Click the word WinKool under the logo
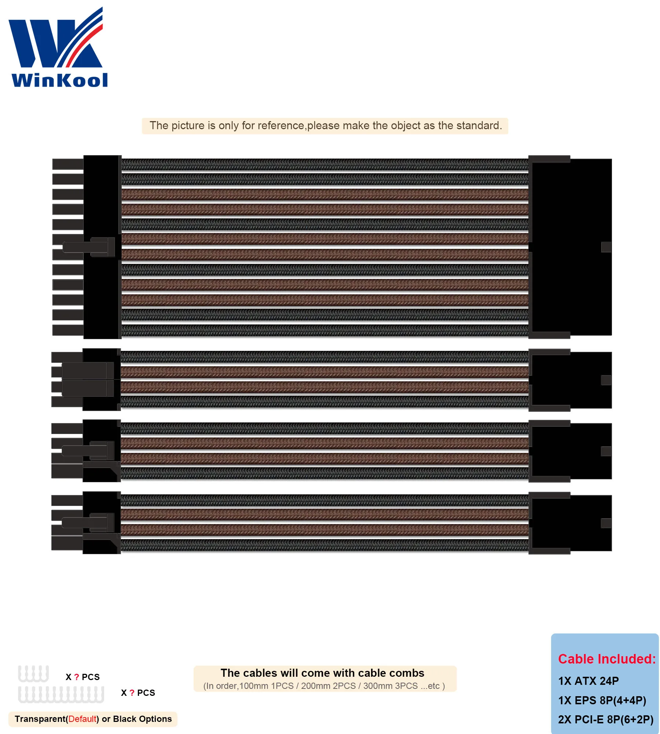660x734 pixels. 60,80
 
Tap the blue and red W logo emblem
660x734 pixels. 56,40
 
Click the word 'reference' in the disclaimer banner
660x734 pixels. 281,126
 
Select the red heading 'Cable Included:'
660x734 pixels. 606,659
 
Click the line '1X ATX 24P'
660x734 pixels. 588,681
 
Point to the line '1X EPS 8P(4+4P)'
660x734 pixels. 602,701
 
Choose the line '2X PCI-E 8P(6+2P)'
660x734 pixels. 606,720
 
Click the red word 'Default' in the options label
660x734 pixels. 82,719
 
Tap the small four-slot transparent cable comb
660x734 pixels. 33,674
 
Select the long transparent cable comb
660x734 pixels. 61,694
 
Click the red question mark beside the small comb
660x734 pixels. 77,677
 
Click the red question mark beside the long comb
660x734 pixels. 132,693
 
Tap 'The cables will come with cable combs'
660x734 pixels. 322,673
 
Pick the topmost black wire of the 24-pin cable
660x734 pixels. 324,164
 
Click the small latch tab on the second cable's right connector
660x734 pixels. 606,380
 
